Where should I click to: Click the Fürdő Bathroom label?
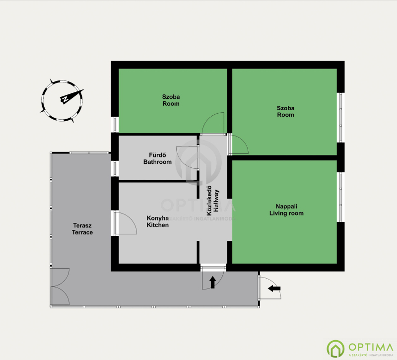click(157, 158)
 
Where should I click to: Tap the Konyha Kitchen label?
click(157, 221)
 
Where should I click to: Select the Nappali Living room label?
click(286, 210)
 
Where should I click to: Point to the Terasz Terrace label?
click(82, 229)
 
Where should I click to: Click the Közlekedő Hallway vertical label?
click(213, 201)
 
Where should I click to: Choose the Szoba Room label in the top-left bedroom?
click(171, 100)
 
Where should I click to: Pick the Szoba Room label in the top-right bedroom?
click(286, 111)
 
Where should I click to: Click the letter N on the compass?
click(65, 99)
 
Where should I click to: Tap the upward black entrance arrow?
click(213, 282)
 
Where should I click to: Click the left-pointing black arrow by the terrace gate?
click(274, 288)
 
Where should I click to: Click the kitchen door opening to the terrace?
click(126, 223)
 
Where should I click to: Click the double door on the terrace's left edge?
click(60, 287)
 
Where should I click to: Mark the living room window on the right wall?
click(340, 197)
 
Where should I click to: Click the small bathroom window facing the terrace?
click(115, 168)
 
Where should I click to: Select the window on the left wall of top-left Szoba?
click(115, 125)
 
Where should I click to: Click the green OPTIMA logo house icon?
click(335, 349)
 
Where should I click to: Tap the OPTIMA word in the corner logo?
click(371, 347)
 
